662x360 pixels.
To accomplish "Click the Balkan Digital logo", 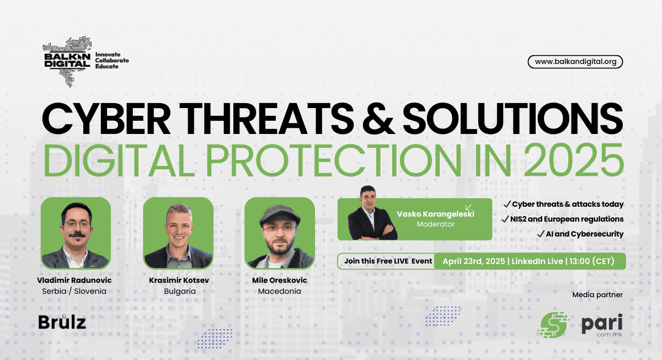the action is coord(86,61).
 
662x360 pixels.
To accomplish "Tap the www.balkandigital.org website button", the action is coord(575,62).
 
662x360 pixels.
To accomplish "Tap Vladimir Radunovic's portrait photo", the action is coord(76,233).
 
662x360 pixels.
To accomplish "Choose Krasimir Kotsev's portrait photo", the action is coord(178,233).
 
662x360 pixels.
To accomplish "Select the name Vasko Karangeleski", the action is coord(435,214).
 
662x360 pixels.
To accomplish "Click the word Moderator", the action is coord(435,224).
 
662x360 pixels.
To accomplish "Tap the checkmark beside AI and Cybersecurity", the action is coord(541,234).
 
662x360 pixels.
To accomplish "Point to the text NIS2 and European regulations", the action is coord(567,219).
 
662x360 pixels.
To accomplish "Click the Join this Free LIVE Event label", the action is coord(388,261).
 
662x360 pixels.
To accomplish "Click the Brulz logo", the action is coord(62,322).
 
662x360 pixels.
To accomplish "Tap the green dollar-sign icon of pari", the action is coord(553,325).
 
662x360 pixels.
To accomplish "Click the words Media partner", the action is coord(597,295).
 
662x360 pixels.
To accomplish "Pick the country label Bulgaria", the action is coord(180,291).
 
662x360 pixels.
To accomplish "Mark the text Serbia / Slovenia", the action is coord(74,291).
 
